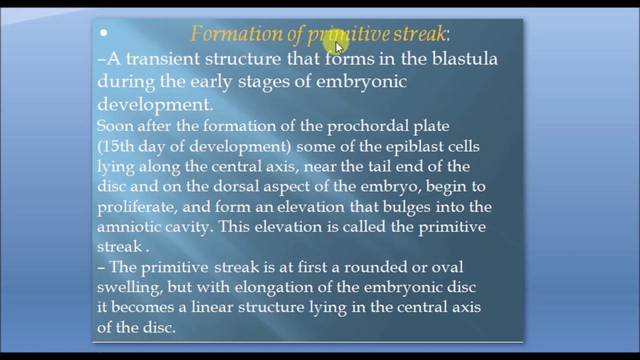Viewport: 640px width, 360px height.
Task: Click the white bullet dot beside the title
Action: [103, 33]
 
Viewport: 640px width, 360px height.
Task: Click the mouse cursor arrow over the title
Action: [339, 47]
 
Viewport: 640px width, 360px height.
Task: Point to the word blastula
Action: [464, 58]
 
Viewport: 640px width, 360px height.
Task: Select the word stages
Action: [263, 81]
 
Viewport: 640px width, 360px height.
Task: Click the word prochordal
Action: [367, 126]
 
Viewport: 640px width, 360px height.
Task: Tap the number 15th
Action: [116, 146]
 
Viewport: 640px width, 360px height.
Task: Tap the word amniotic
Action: [129, 226]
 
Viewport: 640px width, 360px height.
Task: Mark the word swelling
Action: [129, 287]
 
